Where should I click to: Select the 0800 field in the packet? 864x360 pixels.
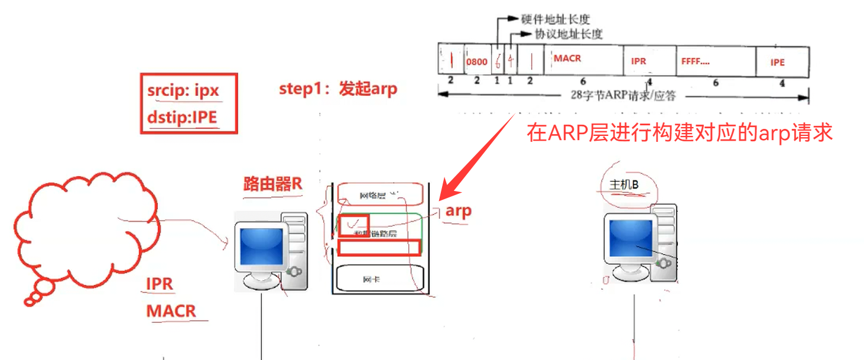477,61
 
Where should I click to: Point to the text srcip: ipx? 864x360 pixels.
183,91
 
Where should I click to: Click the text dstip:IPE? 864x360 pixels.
183,116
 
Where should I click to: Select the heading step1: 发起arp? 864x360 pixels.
338,89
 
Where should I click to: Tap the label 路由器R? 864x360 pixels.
272,183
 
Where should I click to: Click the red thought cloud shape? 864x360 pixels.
83,231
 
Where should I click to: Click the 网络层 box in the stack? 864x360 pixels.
380,194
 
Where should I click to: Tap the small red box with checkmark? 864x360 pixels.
353,225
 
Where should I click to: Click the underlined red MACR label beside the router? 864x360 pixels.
171,310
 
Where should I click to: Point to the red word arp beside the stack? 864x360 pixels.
459,212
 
